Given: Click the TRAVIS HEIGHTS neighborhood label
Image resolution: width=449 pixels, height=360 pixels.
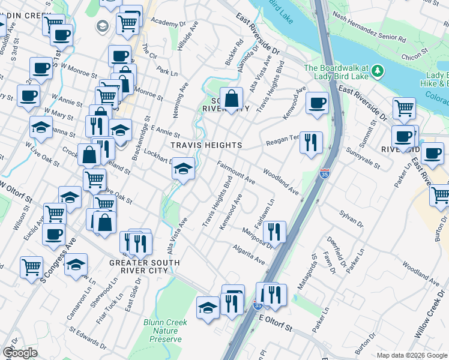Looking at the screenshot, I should point(206,145).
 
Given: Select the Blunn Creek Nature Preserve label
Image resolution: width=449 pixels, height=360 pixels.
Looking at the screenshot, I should point(165,331).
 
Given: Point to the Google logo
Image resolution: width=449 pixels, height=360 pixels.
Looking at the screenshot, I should point(19,353).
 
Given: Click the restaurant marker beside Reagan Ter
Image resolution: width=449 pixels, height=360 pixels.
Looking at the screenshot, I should point(311,143).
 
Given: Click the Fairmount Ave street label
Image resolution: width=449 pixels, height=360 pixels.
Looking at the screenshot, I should point(236,172).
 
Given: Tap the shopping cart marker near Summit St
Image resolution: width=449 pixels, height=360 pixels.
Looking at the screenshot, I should point(404,109).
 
